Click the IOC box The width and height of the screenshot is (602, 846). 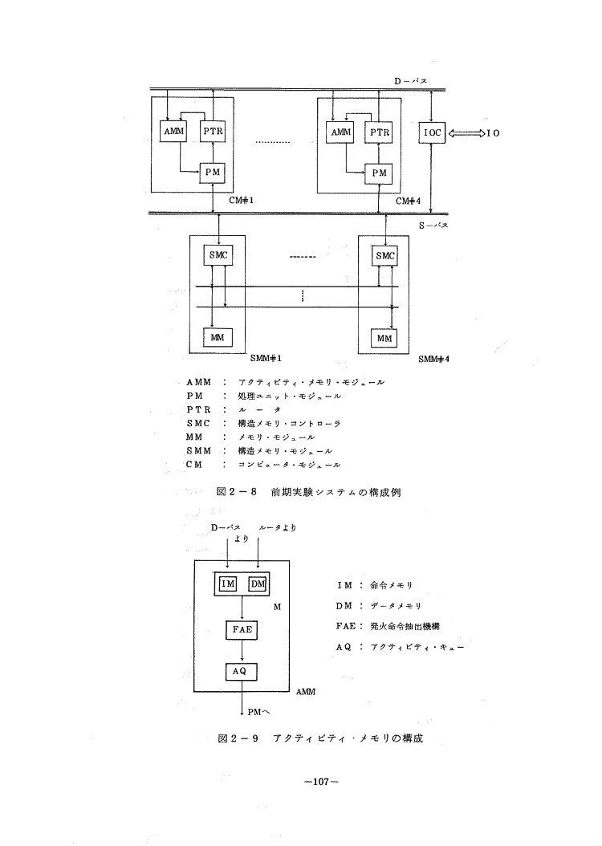[432, 132]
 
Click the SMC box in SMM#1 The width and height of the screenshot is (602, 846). [217, 256]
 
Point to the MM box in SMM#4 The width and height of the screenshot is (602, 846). [385, 338]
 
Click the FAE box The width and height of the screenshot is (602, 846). [242, 630]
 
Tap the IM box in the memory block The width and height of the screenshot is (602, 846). [227, 584]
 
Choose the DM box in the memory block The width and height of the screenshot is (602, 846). [257, 584]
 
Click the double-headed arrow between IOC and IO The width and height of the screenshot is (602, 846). [464, 132]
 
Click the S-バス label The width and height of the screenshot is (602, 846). [434, 226]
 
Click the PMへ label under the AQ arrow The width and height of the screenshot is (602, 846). [259, 709]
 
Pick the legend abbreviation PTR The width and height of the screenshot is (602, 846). [197, 409]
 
